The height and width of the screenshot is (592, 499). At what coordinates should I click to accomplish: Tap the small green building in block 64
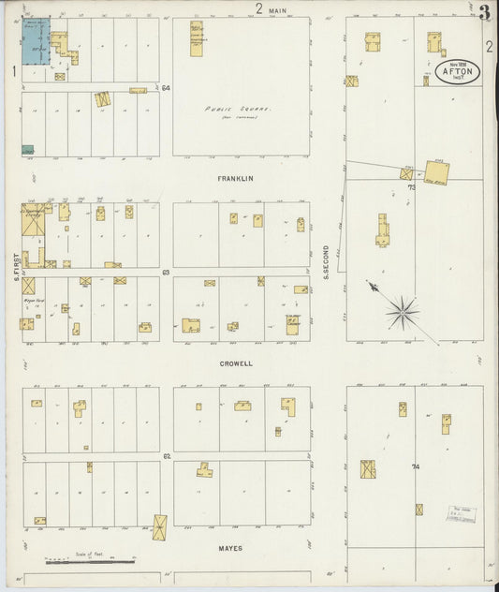pos(27,150)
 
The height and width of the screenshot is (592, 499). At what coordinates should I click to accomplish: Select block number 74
pos(415,466)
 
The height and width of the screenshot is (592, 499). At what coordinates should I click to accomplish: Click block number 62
pos(166,456)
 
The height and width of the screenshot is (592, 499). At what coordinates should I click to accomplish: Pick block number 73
pos(411,187)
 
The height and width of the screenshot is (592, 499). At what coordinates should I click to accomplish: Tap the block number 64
pos(166,88)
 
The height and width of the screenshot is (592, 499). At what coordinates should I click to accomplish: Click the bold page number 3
pos(484,12)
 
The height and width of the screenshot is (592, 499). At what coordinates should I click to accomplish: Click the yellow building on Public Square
pos(197,38)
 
